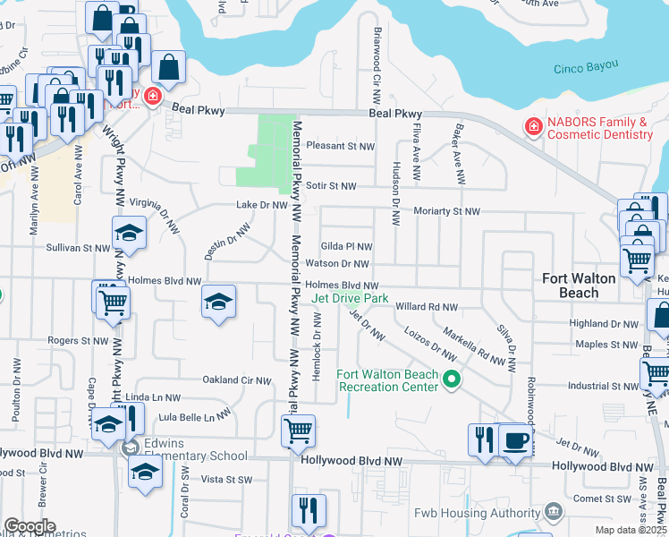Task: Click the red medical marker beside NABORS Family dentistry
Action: point(534,127)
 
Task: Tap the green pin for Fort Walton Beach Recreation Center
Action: point(452,380)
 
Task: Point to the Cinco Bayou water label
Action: point(587,69)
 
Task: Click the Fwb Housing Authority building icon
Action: point(554,511)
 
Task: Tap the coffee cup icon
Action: point(514,440)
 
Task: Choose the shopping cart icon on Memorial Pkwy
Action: point(298,430)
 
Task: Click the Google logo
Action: point(30,526)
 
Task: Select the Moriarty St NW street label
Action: point(446,211)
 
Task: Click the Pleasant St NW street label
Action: point(339,145)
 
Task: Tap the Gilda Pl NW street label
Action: point(346,246)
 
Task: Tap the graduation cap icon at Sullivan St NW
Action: point(129,233)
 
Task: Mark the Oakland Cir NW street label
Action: point(237,380)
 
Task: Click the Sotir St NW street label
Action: point(331,186)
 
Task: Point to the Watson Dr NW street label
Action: point(336,264)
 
